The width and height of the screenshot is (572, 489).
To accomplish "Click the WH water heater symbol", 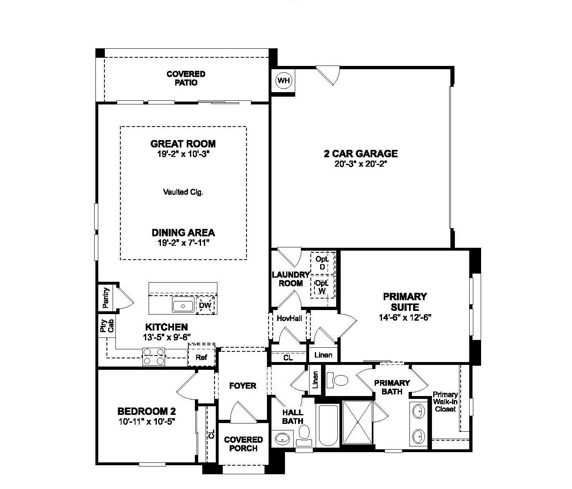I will pos(283,81).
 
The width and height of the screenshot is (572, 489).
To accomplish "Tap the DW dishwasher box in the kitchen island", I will pos(205,306).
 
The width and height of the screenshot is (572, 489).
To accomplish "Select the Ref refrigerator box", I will pos(201,357).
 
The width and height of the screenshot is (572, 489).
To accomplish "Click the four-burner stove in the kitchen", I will pos(154,356).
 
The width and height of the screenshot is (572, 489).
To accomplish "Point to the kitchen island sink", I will pos(183,306).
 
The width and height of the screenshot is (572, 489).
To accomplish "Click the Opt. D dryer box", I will pos(322,263).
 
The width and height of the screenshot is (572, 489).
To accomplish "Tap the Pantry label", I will pos(106,298).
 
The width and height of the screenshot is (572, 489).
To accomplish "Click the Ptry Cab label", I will pos(106,326).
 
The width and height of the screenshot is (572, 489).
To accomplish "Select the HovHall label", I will pos(289,318).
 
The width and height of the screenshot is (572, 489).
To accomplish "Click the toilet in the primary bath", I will pos(338,380).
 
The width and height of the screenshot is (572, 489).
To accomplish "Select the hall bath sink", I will pos(282,439).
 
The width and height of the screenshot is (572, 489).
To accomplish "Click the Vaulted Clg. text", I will pos(183,192).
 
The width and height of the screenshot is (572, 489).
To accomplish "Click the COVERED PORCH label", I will pos(243,444).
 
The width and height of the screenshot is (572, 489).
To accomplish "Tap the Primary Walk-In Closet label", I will pos(445,401).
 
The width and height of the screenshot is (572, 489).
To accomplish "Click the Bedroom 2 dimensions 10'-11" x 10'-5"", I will pos(147,421).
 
